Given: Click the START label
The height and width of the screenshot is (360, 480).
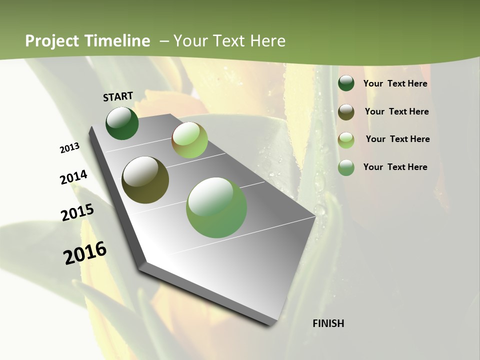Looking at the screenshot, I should pyautogui.click(x=118, y=96).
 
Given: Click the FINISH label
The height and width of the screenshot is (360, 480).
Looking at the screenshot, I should pyautogui.click(x=328, y=323).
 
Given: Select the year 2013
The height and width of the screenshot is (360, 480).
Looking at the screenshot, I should pyautogui.click(x=69, y=148).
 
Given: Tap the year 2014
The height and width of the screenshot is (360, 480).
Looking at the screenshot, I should pyautogui.click(x=73, y=177).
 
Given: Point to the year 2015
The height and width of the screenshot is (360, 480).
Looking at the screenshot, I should pyautogui.click(x=77, y=212).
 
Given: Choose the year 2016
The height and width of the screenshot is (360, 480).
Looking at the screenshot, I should pyautogui.click(x=85, y=253).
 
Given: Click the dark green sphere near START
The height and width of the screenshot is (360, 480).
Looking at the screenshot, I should pyautogui.click(x=122, y=123).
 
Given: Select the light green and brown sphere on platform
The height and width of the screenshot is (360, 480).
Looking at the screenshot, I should pyautogui.click(x=189, y=140).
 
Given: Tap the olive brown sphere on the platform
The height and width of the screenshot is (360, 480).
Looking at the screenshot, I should pyautogui.click(x=145, y=180).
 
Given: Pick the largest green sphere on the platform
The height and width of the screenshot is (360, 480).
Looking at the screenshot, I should pyautogui.click(x=216, y=207).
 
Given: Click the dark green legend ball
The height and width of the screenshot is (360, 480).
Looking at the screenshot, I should pyautogui.click(x=346, y=83).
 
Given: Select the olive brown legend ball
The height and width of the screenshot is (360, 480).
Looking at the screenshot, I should pyautogui.click(x=346, y=111).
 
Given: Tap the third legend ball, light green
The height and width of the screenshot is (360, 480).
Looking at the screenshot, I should pyautogui.click(x=346, y=139).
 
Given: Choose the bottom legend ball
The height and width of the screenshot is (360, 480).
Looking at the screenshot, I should pyautogui.click(x=346, y=167).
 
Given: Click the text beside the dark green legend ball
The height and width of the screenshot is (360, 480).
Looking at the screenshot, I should pyautogui.click(x=395, y=83).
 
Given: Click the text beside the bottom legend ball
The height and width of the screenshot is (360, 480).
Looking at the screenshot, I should pyautogui.click(x=395, y=167).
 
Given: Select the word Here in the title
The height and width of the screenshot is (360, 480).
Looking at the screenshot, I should pyautogui.click(x=267, y=41).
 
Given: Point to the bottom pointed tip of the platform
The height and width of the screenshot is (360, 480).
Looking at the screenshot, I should pyautogui.click(x=270, y=325).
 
